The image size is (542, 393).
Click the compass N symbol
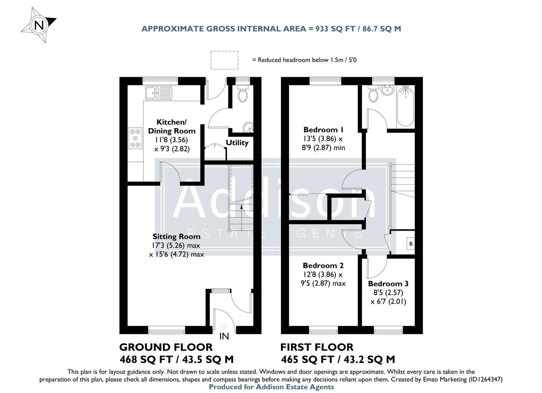click(39, 25)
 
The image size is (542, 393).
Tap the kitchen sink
click(158, 93)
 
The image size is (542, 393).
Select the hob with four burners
click(135, 138)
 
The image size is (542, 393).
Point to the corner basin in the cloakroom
click(249, 127)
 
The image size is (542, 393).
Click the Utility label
click(237, 143)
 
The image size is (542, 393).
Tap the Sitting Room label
click(176, 237)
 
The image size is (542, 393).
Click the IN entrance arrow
click(224, 326)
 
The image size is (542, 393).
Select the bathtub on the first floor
click(405, 106)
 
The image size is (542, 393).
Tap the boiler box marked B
click(411, 244)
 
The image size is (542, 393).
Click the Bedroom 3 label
click(388, 284)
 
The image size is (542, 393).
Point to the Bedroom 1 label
click(323, 130)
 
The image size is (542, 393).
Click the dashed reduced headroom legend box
click(224, 60)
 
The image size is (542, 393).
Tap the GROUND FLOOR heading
click(166, 347)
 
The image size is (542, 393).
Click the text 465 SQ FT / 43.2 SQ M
click(338, 360)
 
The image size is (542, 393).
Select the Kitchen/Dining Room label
click(172, 126)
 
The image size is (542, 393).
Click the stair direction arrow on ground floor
click(241, 209)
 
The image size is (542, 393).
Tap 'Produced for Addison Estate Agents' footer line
click(271, 387)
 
